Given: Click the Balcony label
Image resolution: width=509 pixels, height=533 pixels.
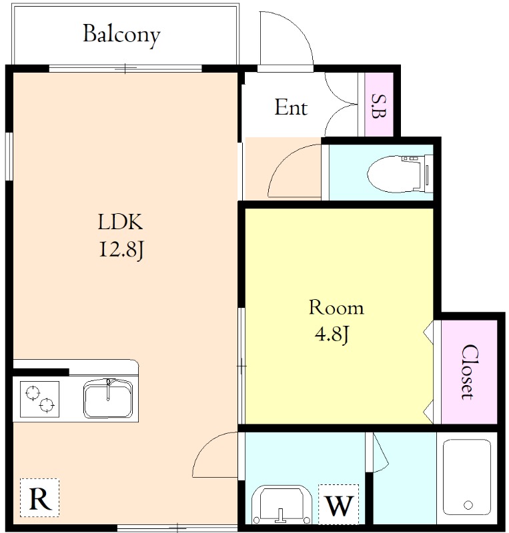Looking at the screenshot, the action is pyautogui.click(x=121, y=35).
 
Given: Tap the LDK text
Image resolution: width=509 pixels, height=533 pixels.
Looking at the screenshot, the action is pyautogui.click(x=120, y=222).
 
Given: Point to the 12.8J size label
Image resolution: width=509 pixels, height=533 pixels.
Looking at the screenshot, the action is pyautogui.click(x=121, y=249).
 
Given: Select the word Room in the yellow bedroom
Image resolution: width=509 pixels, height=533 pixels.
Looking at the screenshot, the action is pyautogui.click(x=336, y=307).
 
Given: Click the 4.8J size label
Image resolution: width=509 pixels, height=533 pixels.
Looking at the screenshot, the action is pyautogui.click(x=332, y=334).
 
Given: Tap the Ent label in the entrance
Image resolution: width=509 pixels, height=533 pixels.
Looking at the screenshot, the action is pyautogui.click(x=291, y=107).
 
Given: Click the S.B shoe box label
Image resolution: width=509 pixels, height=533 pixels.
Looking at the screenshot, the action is pyautogui.click(x=379, y=106).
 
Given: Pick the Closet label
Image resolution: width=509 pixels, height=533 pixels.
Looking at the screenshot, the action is pyautogui.click(x=470, y=372).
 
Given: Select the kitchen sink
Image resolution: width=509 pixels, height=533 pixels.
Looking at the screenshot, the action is pyautogui.click(x=108, y=398).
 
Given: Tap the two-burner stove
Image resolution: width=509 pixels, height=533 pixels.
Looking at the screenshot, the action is pyautogui.click(x=39, y=399).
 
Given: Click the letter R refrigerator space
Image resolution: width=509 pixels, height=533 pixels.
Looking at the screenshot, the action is pyautogui.click(x=40, y=498).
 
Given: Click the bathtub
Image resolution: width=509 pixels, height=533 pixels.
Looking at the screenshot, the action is pyautogui.click(x=467, y=478).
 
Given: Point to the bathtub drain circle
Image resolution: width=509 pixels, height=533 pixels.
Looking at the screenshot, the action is pyautogui.click(x=468, y=505).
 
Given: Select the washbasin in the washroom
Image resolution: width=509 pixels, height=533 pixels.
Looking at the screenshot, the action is pyautogui.click(x=282, y=504).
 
